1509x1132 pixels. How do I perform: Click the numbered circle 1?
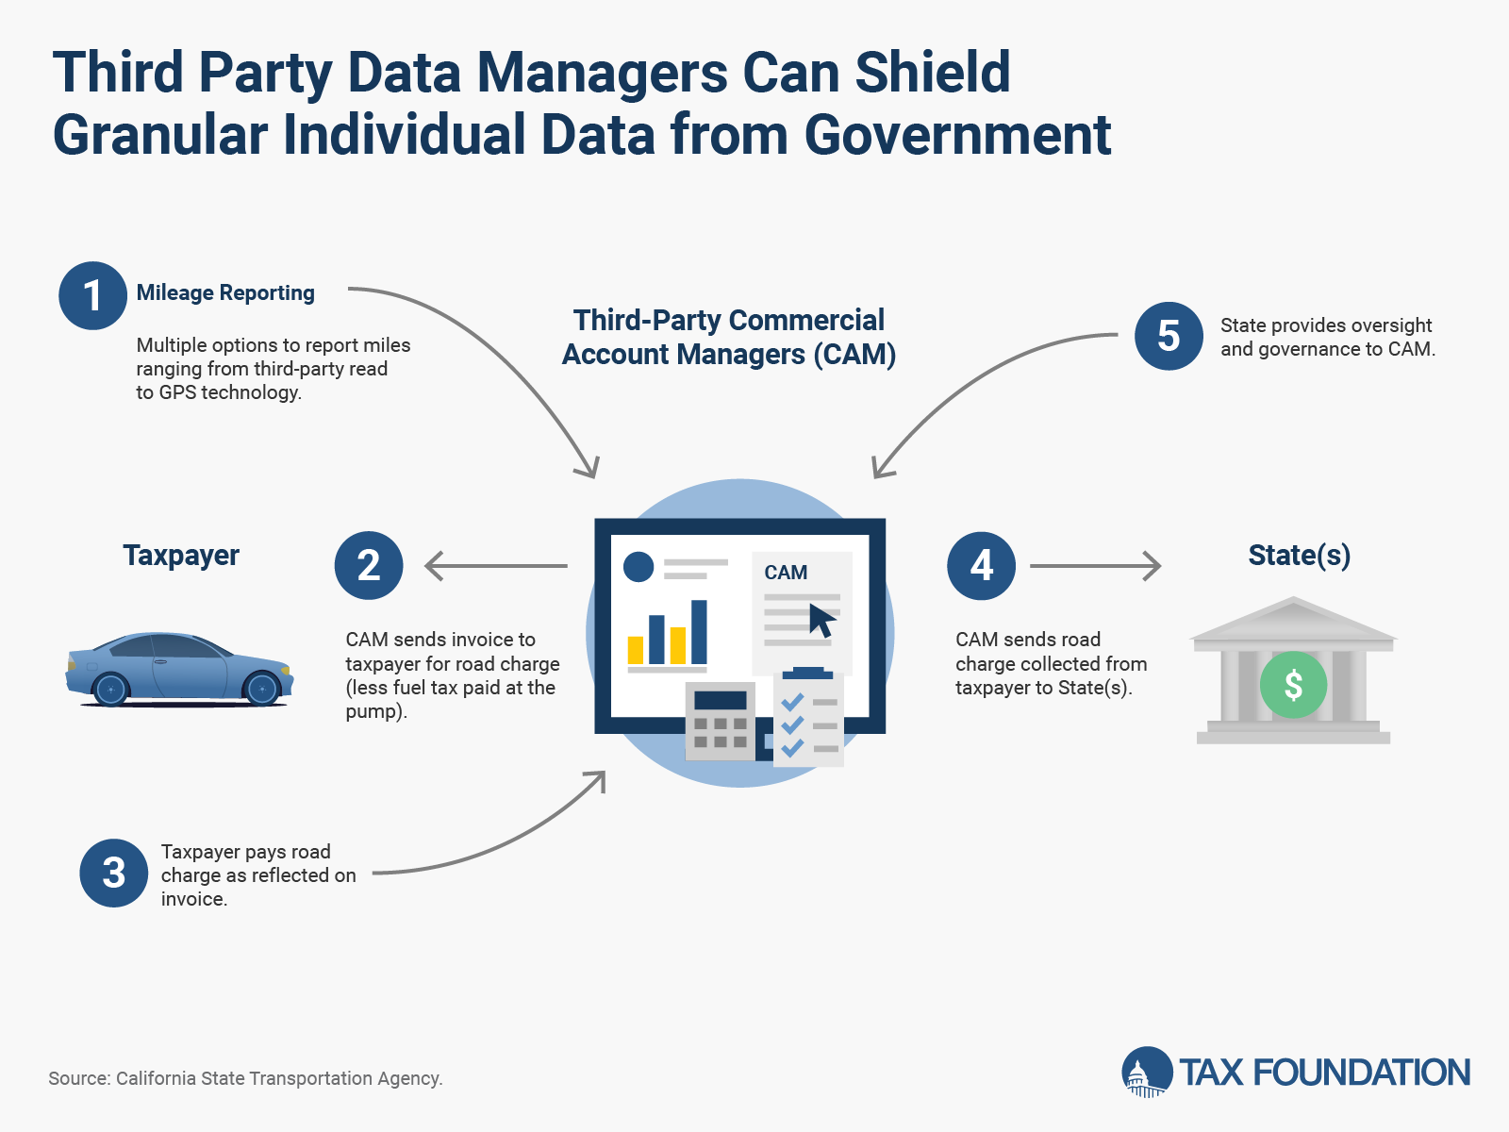pos(92,295)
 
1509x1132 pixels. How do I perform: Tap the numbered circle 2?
pos(369,566)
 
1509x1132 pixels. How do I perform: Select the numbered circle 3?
pos(114,873)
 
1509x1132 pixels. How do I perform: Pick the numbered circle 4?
pos(981,566)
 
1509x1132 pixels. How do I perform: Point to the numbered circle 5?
pos(1169,336)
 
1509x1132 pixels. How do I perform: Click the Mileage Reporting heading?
pos(225,292)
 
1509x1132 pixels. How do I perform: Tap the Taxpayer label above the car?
pos(181,556)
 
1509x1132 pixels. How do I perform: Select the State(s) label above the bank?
pos(1300,556)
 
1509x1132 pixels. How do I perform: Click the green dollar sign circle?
pos(1293,685)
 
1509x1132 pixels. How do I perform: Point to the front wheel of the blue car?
pos(262,688)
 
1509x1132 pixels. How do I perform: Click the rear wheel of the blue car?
pos(110,689)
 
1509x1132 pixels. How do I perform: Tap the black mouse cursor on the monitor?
pos(821,620)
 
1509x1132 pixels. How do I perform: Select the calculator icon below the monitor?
pos(720,721)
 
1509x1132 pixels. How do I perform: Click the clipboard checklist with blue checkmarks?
pos(808,717)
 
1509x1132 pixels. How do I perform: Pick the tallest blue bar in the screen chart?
pos(699,632)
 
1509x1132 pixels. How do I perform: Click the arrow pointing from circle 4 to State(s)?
pos(1095,566)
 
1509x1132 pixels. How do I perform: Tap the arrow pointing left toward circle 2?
pos(496,566)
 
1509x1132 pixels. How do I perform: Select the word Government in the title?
pos(957,135)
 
